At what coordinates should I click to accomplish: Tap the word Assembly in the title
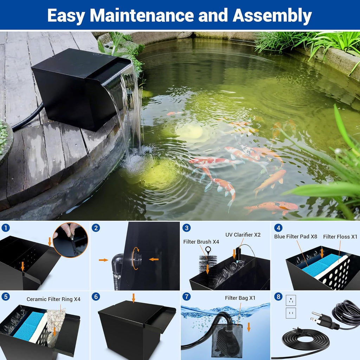point(272,15)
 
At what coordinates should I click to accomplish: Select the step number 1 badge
point(5,228)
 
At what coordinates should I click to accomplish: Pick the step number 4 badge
point(278,228)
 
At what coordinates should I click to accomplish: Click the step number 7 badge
point(186,296)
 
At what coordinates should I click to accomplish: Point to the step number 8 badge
point(278,296)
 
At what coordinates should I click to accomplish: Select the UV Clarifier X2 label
point(243,234)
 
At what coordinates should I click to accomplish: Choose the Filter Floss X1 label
point(340,237)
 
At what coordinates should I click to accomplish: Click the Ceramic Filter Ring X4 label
point(53,299)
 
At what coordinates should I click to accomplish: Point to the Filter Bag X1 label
point(240,298)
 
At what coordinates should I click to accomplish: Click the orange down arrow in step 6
point(133,298)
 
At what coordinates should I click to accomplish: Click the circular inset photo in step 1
point(70,239)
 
